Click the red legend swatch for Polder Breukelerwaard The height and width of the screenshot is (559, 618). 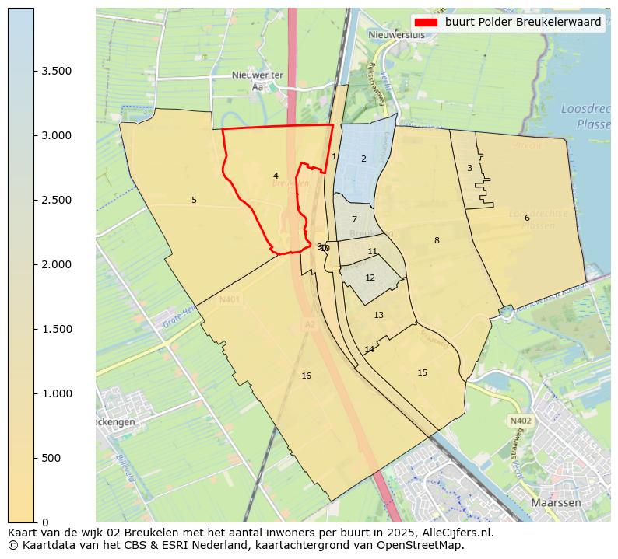click(x=427, y=23)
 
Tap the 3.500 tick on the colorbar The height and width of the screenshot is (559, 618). click(x=57, y=71)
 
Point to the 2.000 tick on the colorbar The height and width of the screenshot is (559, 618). click(x=57, y=264)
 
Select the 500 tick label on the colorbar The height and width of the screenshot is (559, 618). click(x=50, y=458)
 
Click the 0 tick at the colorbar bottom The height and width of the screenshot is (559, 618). click(x=45, y=522)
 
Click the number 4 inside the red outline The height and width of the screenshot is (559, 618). click(x=276, y=176)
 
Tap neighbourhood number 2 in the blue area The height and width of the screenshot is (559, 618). click(x=363, y=159)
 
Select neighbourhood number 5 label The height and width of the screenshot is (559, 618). click(x=194, y=200)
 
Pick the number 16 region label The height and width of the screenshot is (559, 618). click(x=306, y=376)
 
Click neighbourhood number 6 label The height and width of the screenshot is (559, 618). click(x=527, y=218)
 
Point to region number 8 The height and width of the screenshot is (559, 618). click(x=437, y=240)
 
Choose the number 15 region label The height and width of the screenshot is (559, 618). click(x=422, y=372)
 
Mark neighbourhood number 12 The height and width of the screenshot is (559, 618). click(x=370, y=278)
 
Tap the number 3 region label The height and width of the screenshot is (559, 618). click(x=469, y=168)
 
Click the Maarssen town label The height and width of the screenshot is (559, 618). click(x=556, y=503)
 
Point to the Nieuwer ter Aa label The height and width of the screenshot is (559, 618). click(x=258, y=81)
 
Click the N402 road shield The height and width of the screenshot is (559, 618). click(x=521, y=421)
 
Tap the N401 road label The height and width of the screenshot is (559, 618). click(x=230, y=299)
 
